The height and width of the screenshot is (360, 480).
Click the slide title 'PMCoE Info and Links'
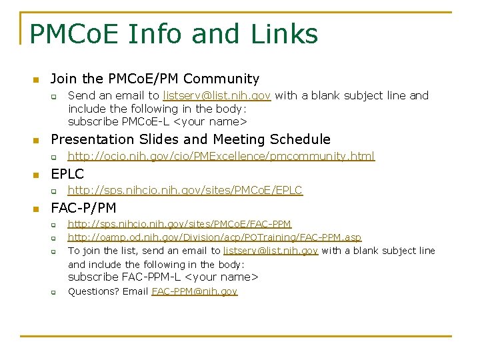pyautogui.click(x=174, y=33)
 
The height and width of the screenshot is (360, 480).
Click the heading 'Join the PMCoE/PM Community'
pyautogui.click(x=155, y=79)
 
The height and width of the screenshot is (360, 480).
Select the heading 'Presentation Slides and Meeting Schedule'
pyautogui.click(x=191, y=139)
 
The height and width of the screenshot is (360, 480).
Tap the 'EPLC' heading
pyautogui.click(x=67, y=174)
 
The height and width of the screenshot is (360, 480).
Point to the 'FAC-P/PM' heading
pyautogui.click(x=83, y=208)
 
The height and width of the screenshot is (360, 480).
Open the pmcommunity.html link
pyautogui.click(x=221, y=157)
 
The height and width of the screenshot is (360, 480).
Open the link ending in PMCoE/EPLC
pyautogui.click(x=185, y=191)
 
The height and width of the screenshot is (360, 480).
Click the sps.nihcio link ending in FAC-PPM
pyautogui.click(x=179, y=224)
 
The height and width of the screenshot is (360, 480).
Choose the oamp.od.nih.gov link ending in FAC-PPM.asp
pyautogui.click(x=215, y=237)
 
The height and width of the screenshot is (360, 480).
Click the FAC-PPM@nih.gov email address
pyautogui.click(x=194, y=291)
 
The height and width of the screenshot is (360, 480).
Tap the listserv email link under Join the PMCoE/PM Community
pyautogui.click(x=217, y=95)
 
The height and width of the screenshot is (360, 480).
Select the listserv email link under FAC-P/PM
pyautogui.click(x=271, y=251)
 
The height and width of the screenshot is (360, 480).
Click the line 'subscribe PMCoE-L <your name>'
pyautogui.click(x=157, y=121)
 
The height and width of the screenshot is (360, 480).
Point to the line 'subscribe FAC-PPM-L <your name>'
pyautogui.click(x=163, y=277)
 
